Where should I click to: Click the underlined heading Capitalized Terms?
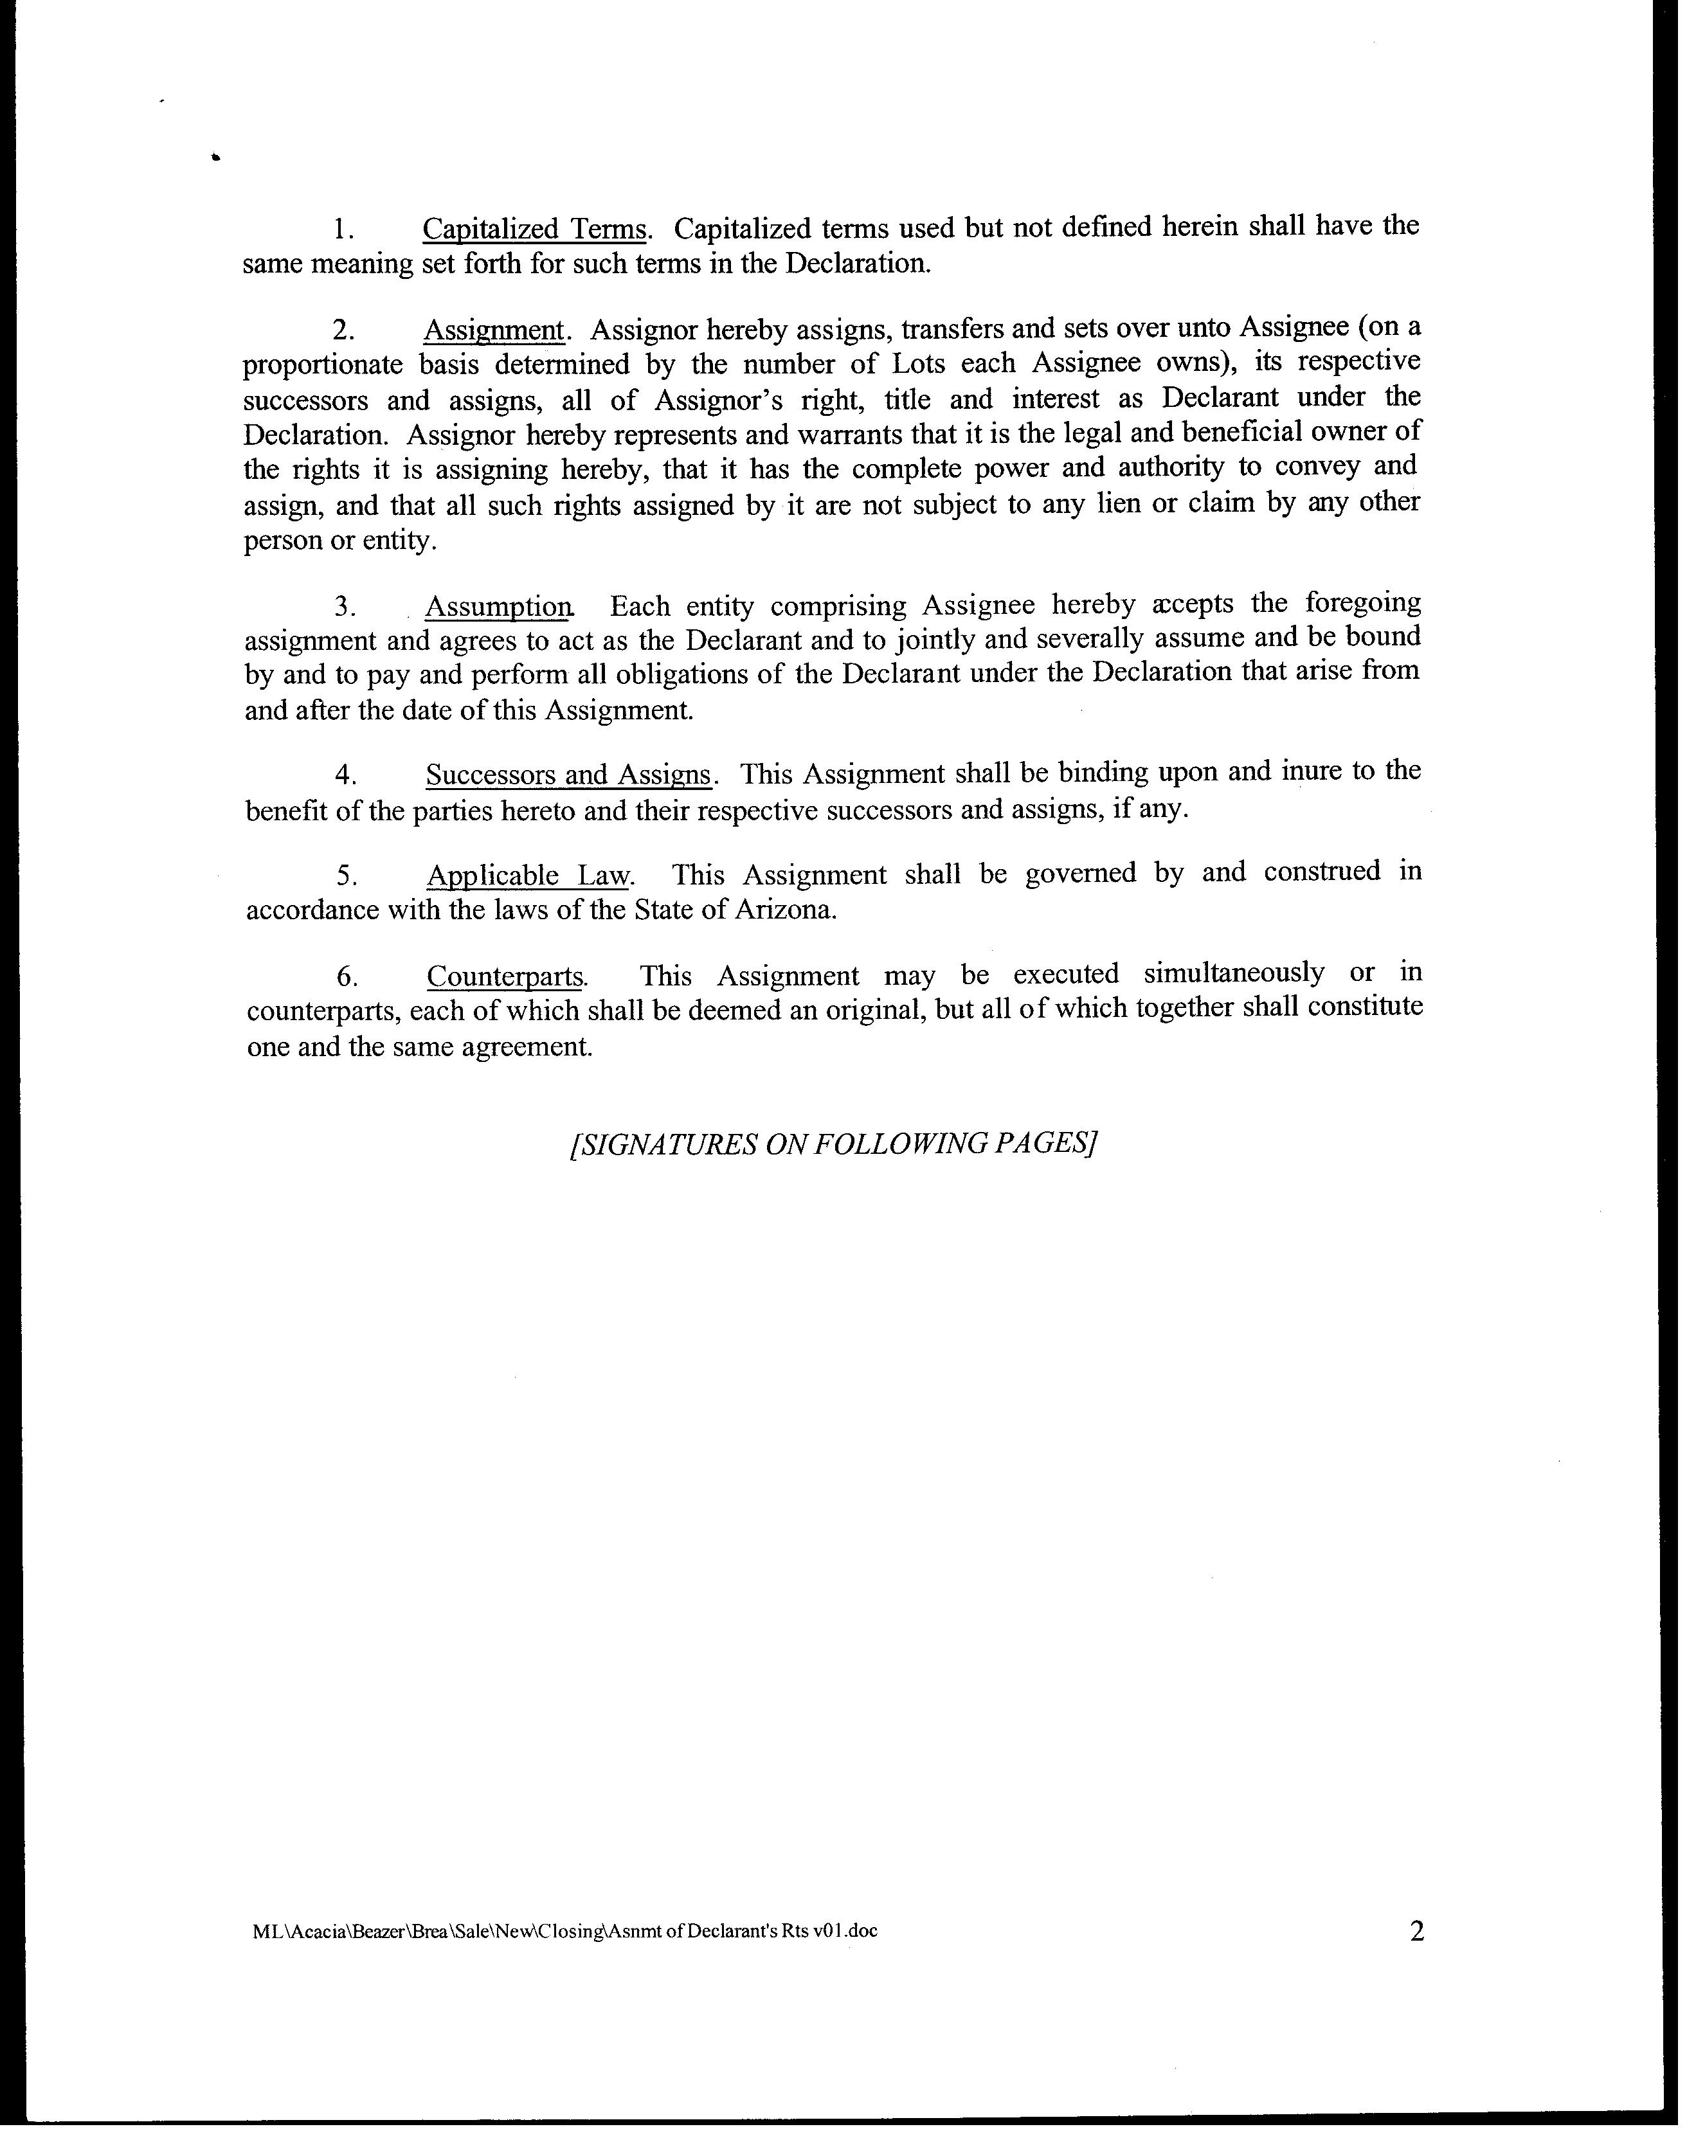tap(534, 229)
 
